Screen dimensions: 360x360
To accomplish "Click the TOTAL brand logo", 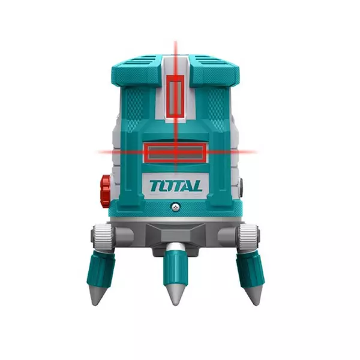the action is pyautogui.click(x=176, y=186).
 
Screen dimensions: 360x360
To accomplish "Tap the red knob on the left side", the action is pyautogui.click(x=106, y=191).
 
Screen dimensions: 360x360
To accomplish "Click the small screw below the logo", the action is pyautogui.click(x=176, y=206).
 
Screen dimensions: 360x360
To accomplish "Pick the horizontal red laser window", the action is pyautogui.click(x=176, y=152).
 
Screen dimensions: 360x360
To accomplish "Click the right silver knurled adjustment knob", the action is pyautogui.click(x=248, y=236).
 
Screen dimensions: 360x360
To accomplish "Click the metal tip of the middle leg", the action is pyautogui.click(x=176, y=295).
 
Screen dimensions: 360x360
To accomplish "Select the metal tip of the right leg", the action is pyautogui.click(x=254, y=294).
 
